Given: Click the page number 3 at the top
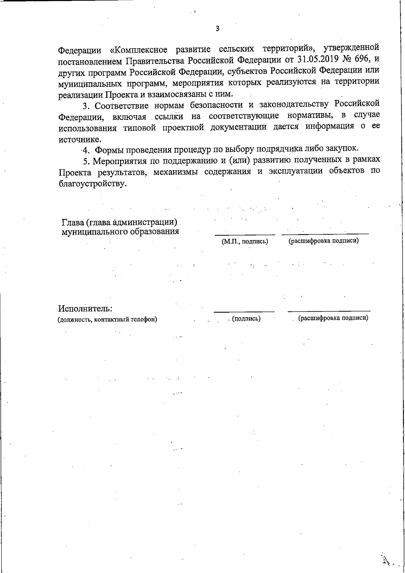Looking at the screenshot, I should pos(217,29).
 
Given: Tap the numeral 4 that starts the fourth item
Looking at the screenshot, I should pos(86,150).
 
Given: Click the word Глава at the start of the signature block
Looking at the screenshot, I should pos(72,223).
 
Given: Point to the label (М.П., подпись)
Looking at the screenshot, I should pos(245,241).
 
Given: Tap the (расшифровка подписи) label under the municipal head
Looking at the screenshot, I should pos(324,241).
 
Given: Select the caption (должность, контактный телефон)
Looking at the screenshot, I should pos(103,319).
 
